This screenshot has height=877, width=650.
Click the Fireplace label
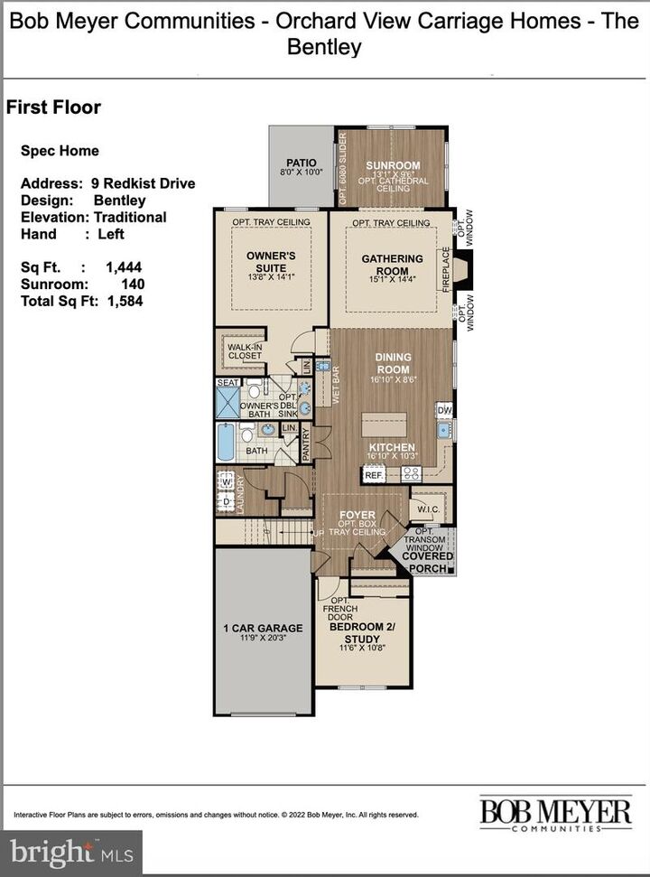(x=446, y=270)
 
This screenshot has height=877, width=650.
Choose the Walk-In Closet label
(x=244, y=350)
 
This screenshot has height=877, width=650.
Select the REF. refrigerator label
(x=374, y=474)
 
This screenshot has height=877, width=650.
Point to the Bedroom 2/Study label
(x=361, y=633)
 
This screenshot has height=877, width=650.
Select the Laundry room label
(x=241, y=492)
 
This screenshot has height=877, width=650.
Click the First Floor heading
(x=53, y=107)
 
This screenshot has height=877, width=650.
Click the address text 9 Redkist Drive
(x=143, y=183)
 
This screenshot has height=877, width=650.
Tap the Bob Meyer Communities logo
(x=555, y=813)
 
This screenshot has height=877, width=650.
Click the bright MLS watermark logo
(x=70, y=853)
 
